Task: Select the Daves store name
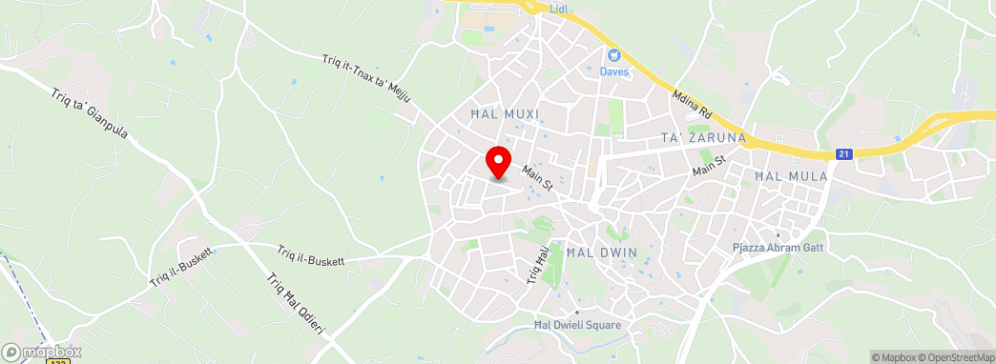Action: pyautogui.click(x=613, y=71)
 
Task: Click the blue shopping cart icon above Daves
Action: pyautogui.click(x=613, y=55)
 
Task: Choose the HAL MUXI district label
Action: pyautogui.click(x=505, y=114)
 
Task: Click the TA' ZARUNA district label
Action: pyautogui.click(x=703, y=139)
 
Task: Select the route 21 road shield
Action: pyautogui.click(x=842, y=153)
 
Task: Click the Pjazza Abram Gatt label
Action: pyautogui.click(x=778, y=247)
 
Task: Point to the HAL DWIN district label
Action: pyautogui.click(x=601, y=253)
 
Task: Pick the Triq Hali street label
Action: pyautogui.click(x=537, y=264)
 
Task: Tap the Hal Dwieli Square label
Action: pyautogui.click(x=577, y=325)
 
